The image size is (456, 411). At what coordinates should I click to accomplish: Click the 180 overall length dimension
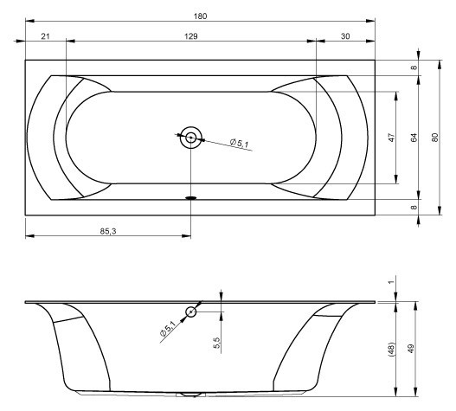pos(201,16)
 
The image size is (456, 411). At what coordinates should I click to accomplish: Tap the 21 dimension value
pos(45,35)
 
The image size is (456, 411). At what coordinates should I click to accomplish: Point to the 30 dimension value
pos(345,35)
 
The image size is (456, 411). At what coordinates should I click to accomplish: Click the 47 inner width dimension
pos(392,138)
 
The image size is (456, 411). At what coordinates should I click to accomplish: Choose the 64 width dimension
pos(414,138)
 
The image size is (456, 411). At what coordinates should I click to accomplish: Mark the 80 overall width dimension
pos(436,138)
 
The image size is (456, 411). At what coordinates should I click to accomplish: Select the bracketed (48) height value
pos(392,350)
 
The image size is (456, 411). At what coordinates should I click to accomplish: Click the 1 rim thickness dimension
pos(391,282)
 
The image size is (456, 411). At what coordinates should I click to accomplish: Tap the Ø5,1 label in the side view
pos(168,330)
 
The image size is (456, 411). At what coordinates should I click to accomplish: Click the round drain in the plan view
pos(190,137)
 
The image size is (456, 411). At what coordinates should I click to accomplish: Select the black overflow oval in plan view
pos(190,197)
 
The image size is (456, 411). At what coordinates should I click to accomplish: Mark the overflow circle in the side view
pos(190,312)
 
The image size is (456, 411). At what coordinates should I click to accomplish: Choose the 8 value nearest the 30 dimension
pos(414,68)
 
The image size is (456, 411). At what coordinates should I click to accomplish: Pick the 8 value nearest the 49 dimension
pos(414,207)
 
